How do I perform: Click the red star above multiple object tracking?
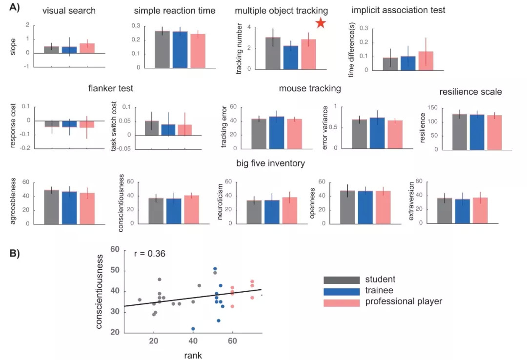[x=320, y=23]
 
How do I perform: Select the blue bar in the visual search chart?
[x=69, y=50]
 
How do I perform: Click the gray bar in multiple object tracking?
[x=273, y=53]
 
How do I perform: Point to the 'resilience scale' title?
[x=470, y=91]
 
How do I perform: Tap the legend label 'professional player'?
[x=404, y=301]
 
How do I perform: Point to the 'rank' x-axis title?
[x=193, y=355]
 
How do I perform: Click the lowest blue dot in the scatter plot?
[x=193, y=329]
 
